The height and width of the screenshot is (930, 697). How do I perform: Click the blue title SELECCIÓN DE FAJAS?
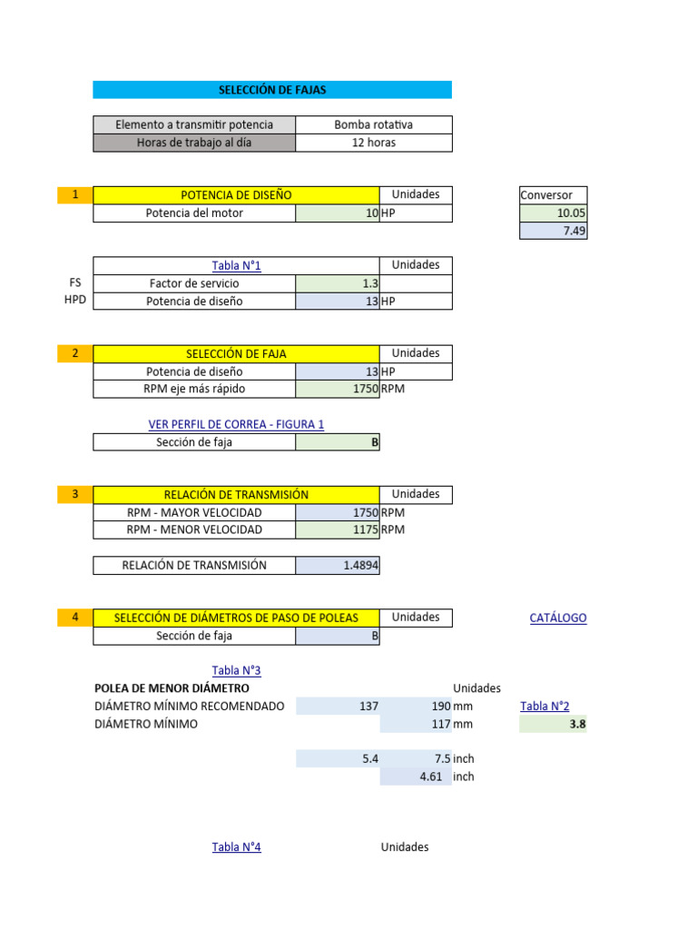[x=271, y=90]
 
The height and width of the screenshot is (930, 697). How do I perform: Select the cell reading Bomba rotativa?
[x=373, y=124]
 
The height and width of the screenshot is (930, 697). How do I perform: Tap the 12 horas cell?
[x=373, y=143]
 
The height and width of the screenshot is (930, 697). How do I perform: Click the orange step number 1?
[x=75, y=194]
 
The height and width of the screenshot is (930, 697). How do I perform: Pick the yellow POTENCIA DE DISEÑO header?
[x=236, y=195]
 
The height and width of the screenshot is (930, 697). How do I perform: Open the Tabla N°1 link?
[x=236, y=266]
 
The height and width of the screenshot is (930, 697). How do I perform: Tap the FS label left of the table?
[x=75, y=282]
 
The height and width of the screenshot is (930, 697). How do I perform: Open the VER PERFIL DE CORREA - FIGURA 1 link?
[x=236, y=424]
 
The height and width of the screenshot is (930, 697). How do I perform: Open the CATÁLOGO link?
[x=557, y=618]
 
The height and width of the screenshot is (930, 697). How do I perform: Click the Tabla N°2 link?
[x=545, y=707]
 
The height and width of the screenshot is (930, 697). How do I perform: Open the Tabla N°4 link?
[x=236, y=847]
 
